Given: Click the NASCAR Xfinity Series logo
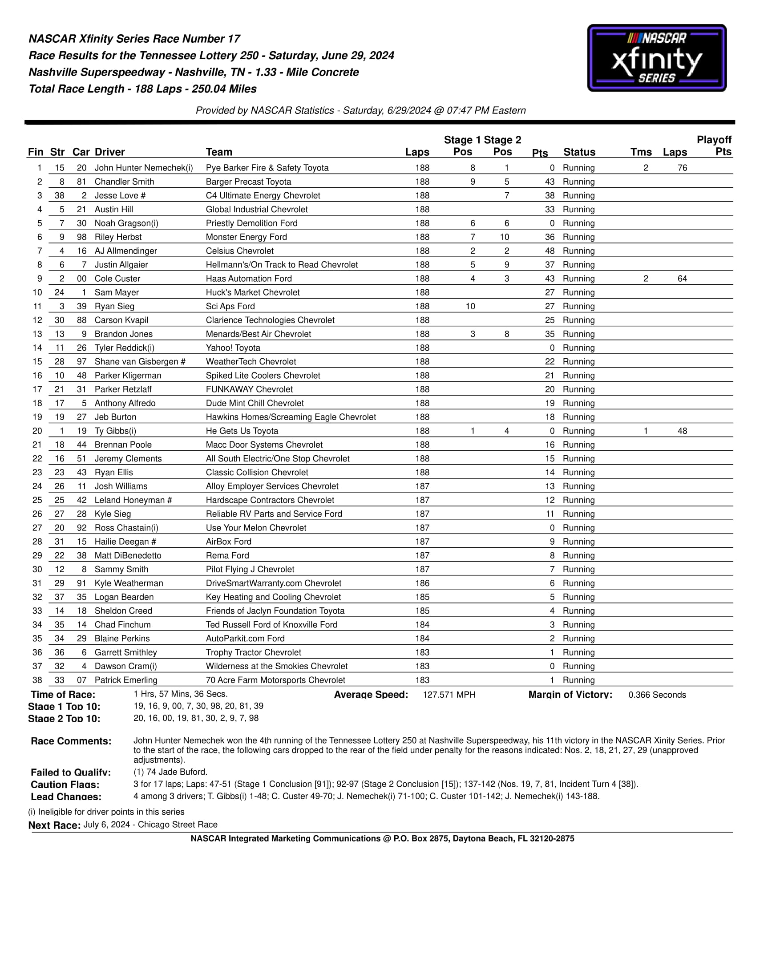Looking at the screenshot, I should coord(656,58).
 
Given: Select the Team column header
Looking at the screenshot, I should coord(219,152).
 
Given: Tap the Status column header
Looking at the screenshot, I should coord(579,152).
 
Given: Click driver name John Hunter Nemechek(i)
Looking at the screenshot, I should coord(143,168).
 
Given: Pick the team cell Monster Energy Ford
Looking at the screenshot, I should coord(246,237).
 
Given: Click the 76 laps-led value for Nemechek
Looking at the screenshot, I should coord(682,168).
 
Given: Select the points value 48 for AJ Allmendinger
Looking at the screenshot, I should coord(550,251).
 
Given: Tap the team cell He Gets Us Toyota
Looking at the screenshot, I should coord(242,431).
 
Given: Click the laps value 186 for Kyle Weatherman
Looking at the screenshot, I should coord(422,583).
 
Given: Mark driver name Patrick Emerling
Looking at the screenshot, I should coord(126,680).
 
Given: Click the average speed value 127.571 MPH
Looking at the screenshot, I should coord(449,695).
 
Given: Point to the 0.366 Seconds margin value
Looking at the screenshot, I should coord(657,695).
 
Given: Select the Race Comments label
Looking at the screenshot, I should coord(71,741).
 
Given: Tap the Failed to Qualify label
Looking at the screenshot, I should coord(70,773).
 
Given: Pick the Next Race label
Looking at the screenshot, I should coord(54,825).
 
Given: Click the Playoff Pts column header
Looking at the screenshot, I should coord(714,146).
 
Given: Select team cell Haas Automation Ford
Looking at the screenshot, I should coord(248,279).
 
